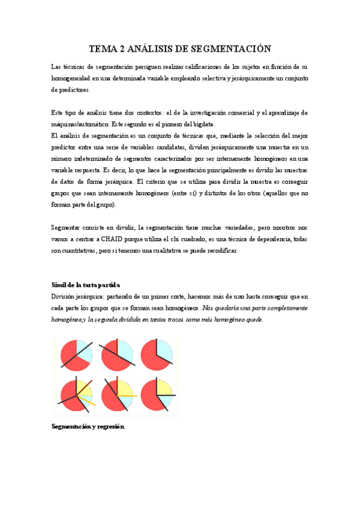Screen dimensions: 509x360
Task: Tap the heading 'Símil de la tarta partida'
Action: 86,284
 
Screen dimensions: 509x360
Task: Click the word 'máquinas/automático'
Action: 79,124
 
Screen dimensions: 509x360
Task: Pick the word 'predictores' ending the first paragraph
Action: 70,89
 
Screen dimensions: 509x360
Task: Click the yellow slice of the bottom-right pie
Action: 163,386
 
